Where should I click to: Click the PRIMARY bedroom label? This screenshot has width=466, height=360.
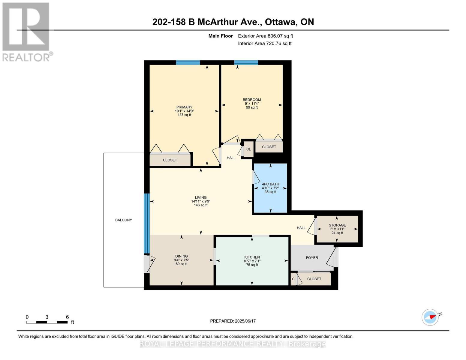pos(184,107)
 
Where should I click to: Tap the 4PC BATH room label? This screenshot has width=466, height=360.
pos(270,184)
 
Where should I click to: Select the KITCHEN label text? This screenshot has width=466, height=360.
pos(252,257)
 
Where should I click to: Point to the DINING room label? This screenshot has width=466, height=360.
pos(181,256)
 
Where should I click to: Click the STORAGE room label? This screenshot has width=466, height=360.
pos(337,225)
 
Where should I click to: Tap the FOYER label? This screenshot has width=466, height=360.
pos(312,258)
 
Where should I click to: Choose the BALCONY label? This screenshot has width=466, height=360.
pos(124,220)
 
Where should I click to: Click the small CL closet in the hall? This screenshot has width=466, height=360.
pos(248,149)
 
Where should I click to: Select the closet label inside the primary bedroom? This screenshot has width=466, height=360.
pos(170,160)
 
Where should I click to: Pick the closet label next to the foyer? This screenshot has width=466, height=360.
pos(314,279)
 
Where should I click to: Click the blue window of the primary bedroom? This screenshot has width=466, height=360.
pos(188,62)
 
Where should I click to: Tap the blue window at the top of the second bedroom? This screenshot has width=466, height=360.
pos(246,62)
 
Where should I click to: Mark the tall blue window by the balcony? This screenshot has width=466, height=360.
pos(147,223)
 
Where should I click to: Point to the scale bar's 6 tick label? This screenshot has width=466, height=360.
pos(67,317)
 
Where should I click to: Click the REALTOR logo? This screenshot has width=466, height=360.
pos(26,32)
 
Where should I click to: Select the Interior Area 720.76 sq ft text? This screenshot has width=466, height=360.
pos(265,43)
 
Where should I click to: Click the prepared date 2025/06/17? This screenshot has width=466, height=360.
pos(245,321)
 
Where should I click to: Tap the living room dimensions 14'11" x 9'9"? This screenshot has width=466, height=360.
pos(200,201)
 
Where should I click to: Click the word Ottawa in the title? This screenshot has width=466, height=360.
pos(281,22)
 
